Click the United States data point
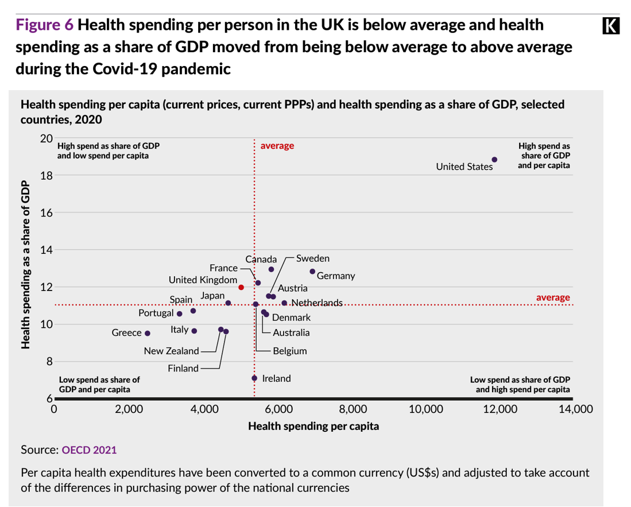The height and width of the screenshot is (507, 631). click(494, 160)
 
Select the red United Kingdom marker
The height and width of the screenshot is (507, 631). click(241, 287)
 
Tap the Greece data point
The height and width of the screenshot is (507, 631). click(148, 333)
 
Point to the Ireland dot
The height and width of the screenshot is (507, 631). click(254, 378)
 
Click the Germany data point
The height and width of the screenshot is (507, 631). click(312, 272)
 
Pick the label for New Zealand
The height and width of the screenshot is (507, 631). click(171, 351)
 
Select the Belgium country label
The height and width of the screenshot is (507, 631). click(289, 351)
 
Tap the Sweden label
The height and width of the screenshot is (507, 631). click(313, 259)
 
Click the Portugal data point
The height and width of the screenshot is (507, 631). click(180, 314)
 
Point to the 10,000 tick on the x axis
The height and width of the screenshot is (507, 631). click(427, 409)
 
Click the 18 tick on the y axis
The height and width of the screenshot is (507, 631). click(46, 176)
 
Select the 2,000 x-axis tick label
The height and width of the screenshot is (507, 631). click(129, 409)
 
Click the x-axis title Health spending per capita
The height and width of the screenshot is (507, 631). click(313, 427)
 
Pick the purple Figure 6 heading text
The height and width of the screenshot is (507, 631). click(44, 25)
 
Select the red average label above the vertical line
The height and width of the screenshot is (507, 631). click(277, 146)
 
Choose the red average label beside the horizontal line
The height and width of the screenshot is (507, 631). click(553, 297)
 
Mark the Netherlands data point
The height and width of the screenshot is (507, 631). click(284, 303)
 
